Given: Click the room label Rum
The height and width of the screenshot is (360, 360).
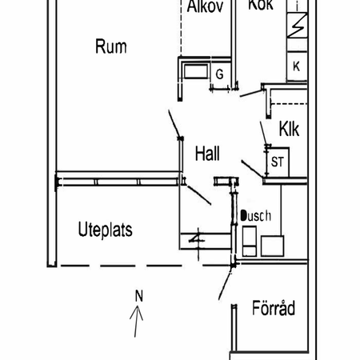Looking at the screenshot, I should pos(111,46).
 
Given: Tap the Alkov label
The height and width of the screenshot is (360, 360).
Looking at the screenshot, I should pos(205,7).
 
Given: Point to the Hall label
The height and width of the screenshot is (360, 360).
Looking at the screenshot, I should pos(207,154).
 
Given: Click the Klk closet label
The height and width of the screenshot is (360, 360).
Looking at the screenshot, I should pos(289,129).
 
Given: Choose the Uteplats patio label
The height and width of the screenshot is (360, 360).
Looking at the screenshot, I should pos(106,230).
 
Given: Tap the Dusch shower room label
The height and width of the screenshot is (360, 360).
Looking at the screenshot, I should pos(257,216).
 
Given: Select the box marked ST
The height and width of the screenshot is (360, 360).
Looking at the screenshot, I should pos(278,161).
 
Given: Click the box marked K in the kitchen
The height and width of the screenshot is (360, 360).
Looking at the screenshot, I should pos(296,66).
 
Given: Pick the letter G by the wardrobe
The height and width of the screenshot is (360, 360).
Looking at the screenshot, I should pos(219,74).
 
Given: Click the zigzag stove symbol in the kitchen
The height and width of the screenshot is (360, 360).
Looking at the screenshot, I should pos(296,30).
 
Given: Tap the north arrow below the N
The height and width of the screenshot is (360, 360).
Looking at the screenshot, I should pos(138,324).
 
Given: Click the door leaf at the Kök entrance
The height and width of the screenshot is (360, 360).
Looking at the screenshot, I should pos(252,94).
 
